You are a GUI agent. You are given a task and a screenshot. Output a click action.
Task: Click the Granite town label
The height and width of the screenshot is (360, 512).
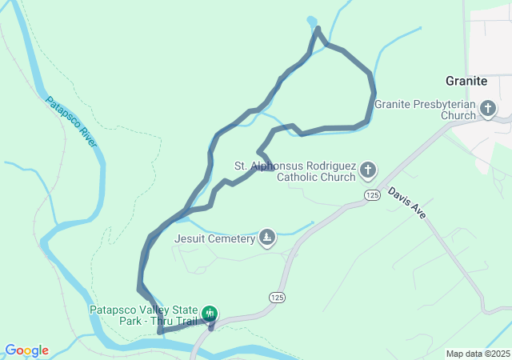(466, 81)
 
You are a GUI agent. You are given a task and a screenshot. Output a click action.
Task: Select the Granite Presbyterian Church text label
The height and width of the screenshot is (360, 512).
(425, 110)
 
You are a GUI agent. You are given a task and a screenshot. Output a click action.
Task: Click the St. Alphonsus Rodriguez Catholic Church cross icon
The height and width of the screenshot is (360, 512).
(367, 169)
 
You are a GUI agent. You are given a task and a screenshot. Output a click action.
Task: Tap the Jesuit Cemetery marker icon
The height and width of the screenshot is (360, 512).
(267, 238)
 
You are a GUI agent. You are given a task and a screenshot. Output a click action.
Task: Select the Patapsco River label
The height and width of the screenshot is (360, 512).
(71, 122)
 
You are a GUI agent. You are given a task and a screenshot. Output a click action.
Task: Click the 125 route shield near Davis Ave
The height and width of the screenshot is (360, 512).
(371, 195)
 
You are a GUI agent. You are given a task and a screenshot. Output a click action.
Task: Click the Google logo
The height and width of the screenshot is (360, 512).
(26, 350)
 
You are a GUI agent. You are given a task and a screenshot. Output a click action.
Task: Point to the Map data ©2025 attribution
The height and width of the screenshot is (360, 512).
(478, 354)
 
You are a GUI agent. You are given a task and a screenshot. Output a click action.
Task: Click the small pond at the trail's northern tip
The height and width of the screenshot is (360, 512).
(312, 22)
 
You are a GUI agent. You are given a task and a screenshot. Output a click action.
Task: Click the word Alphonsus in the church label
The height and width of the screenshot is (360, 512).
(282, 166)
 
